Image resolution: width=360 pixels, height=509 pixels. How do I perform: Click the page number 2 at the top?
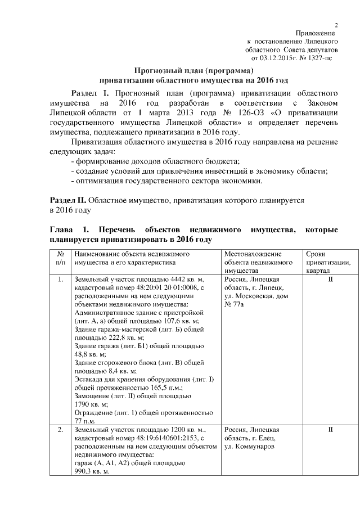click(336, 25)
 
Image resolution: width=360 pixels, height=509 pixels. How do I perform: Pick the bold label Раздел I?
click(93, 92)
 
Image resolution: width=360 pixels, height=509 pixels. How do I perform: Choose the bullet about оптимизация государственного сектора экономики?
click(166, 181)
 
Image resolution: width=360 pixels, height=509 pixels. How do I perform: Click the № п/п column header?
click(60, 258)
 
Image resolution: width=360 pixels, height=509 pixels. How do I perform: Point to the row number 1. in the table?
click(60, 280)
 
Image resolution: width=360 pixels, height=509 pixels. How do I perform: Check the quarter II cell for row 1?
click(330, 280)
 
